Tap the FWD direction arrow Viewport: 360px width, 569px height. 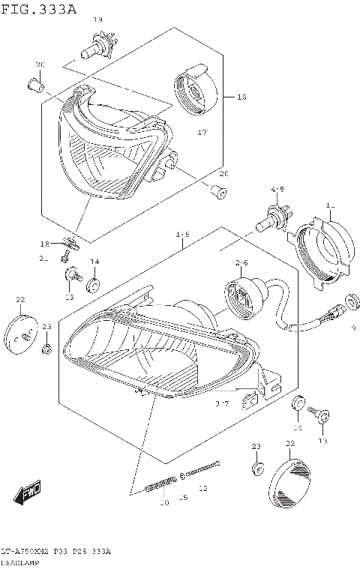point(27,493)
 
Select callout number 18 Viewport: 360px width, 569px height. point(44,244)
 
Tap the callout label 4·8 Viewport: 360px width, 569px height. point(277,190)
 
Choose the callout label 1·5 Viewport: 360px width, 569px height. point(182,235)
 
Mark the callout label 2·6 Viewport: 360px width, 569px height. point(241,263)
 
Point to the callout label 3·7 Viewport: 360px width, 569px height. point(222,404)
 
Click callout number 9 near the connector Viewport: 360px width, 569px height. point(353,328)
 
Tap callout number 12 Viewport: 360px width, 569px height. point(202,488)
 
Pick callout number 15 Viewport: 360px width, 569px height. point(182,497)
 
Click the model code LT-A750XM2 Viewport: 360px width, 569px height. point(28,552)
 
